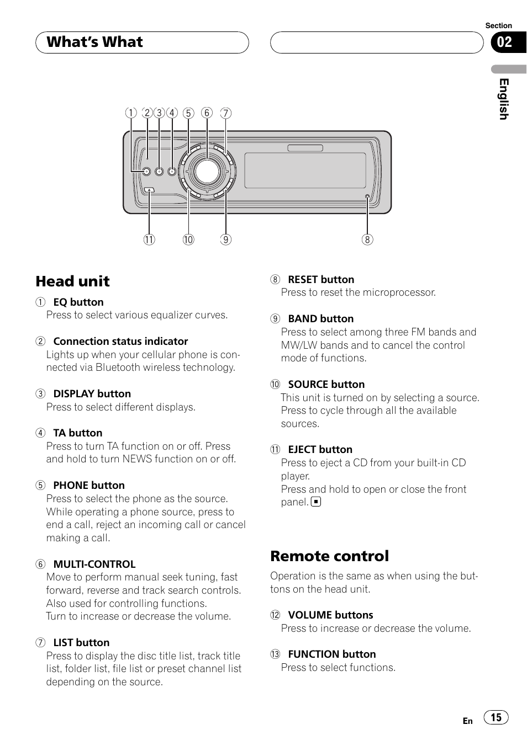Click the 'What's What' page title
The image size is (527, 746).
point(94,42)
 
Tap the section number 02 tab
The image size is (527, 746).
point(504,42)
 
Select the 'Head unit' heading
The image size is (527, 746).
point(72,281)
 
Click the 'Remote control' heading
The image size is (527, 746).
point(329,556)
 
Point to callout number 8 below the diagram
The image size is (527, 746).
point(367,239)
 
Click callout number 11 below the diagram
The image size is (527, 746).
point(149,239)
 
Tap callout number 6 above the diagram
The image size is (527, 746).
point(207,113)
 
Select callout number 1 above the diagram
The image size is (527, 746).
point(131,113)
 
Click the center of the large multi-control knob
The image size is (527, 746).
point(207,171)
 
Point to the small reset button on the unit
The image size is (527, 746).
point(367,197)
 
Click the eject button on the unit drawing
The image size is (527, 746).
point(149,190)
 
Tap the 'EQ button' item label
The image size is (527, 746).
point(78,302)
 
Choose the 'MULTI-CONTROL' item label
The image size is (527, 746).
point(94,564)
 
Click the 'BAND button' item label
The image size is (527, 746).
point(320,319)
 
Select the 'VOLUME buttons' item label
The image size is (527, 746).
point(330,615)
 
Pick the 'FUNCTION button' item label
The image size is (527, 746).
point(331,654)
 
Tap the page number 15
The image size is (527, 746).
point(496,717)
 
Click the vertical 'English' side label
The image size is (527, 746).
point(503,99)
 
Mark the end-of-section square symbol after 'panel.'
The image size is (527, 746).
point(316,502)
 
